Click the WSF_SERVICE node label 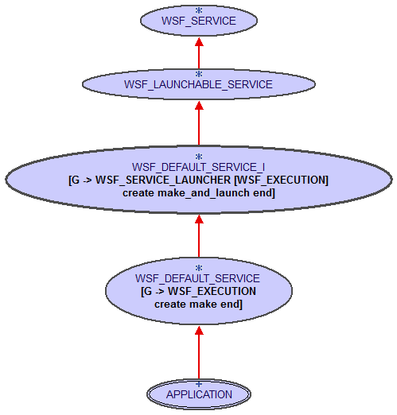[199, 21]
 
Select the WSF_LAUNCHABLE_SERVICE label [199, 83]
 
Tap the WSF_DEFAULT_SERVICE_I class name [199, 167]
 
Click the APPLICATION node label [199, 394]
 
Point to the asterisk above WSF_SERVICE [199, 11]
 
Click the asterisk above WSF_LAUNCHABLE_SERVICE [199, 74]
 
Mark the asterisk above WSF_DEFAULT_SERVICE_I [199, 157]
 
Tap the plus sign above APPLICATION [199, 384]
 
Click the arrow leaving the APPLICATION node [199, 354]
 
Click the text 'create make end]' [199, 304]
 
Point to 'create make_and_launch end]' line [199, 192]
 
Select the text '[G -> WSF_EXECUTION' [199, 291]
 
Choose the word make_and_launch [200, 192]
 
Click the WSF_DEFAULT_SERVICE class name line [197, 278]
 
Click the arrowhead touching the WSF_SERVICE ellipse [199, 41]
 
